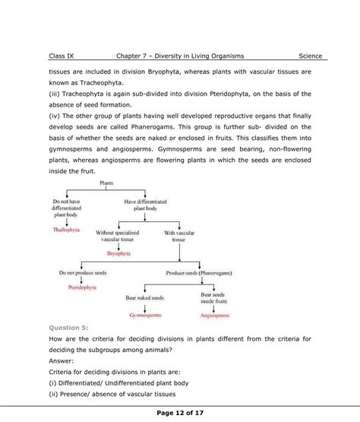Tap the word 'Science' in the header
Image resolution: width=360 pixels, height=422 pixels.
(x=310, y=56)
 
